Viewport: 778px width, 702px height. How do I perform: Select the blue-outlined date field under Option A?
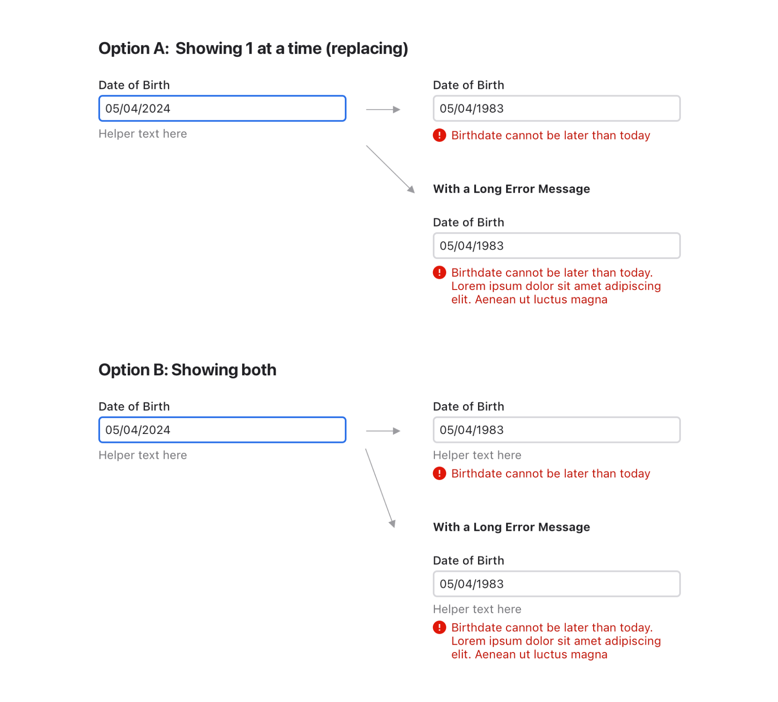pyautogui.click(x=222, y=109)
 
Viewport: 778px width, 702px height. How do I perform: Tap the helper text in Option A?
pyautogui.click(x=143, y=134)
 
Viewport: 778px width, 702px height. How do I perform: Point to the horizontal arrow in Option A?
pyautogui.click(x=383, y=109)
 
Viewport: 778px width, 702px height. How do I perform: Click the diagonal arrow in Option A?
pyautogui.click(x=390, y=169)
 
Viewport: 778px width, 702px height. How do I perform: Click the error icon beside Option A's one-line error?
pyautogui.click(x=439, y=135)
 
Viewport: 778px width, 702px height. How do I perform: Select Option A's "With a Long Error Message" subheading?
pyautogui.click(x=511, y=189)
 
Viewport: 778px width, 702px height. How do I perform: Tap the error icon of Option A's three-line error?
pyautogui.click(x=439, y=273)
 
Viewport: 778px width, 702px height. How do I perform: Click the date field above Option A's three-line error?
pyautogui.click(x=557, y=246)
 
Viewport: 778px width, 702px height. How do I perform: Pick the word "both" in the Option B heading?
pyautogui.click(x=258, y=370)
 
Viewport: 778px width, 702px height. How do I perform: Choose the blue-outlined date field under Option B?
pyautogui.click(x=222, y=430)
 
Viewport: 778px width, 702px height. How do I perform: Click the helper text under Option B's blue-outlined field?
pyautogui.click(x=143, y=456)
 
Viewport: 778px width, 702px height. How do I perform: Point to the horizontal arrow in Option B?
pyautogui.click(x=383, y=431)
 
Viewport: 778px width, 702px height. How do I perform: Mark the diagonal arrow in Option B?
pyautogui.click(x=381, y=488)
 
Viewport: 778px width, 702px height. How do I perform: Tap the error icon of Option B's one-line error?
pyautogui.click(x=439, y=474)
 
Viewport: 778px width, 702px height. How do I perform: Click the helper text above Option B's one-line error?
pyautogui.click(x=477, y=456)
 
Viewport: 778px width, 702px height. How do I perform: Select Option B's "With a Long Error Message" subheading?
pyautogui.click(x=511, y=527)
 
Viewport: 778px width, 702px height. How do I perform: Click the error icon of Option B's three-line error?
pyautogui.click(x=439, y=627)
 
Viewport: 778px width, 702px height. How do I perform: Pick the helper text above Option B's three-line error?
pyautogui.click(x=477, y=609)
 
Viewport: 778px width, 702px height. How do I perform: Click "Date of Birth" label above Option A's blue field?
pyautogui.click(x=134, y=85)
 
